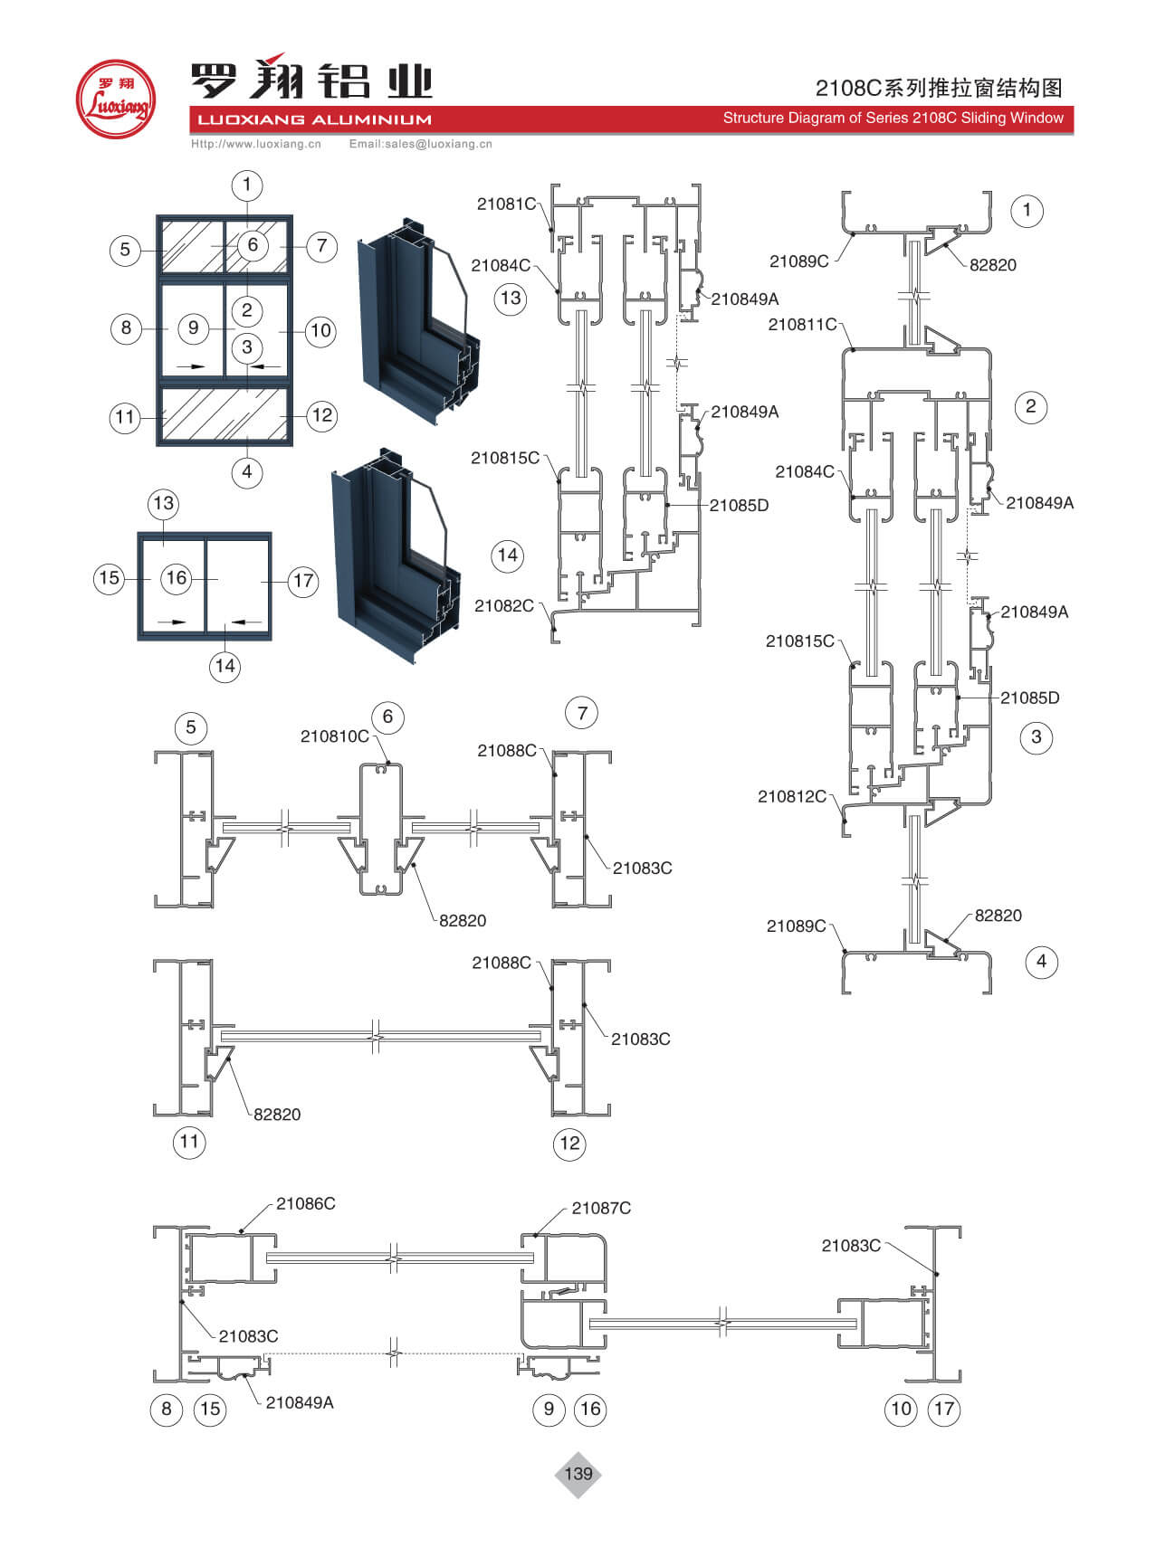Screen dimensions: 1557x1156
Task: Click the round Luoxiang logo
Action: click(x=115, y=100)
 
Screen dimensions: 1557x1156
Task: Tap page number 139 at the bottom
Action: click(x=578, y=1474)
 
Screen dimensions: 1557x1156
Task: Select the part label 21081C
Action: click(x=506, y=204)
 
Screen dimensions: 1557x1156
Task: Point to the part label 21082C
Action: click(x=503, y=605)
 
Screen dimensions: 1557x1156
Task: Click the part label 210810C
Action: click(x=334, y=736)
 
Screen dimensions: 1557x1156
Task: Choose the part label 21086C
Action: click(x=305, y=1203)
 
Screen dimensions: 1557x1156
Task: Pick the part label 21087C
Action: click(x=601, y=1208)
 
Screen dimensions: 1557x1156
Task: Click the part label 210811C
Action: click(x=802, y=324)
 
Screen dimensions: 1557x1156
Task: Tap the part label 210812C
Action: click(x=792, y=796)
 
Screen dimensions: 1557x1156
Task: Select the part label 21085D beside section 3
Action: click(x=1029, y=698)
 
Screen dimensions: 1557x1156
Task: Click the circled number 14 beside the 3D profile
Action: click(x=507, y=555)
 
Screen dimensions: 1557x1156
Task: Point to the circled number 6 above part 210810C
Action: click(x=387, y=717)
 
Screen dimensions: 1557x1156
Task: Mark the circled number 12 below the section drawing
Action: click(x=569, y=1143)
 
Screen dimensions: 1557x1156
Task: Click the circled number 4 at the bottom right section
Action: click(x=1041, y=961)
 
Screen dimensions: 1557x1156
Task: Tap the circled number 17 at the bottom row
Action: click(x=944, y=1408)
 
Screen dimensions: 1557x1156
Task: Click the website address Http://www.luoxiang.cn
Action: click(x=256, y=144)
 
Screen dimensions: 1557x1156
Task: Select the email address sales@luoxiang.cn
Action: click(x=421, y=144)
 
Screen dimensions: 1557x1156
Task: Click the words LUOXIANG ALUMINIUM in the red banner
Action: click(x=314, y=119)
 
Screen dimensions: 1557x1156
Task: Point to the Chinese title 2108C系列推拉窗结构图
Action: click(x=938, y=88)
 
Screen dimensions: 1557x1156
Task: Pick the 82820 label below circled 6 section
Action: click(x=462, y=920)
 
